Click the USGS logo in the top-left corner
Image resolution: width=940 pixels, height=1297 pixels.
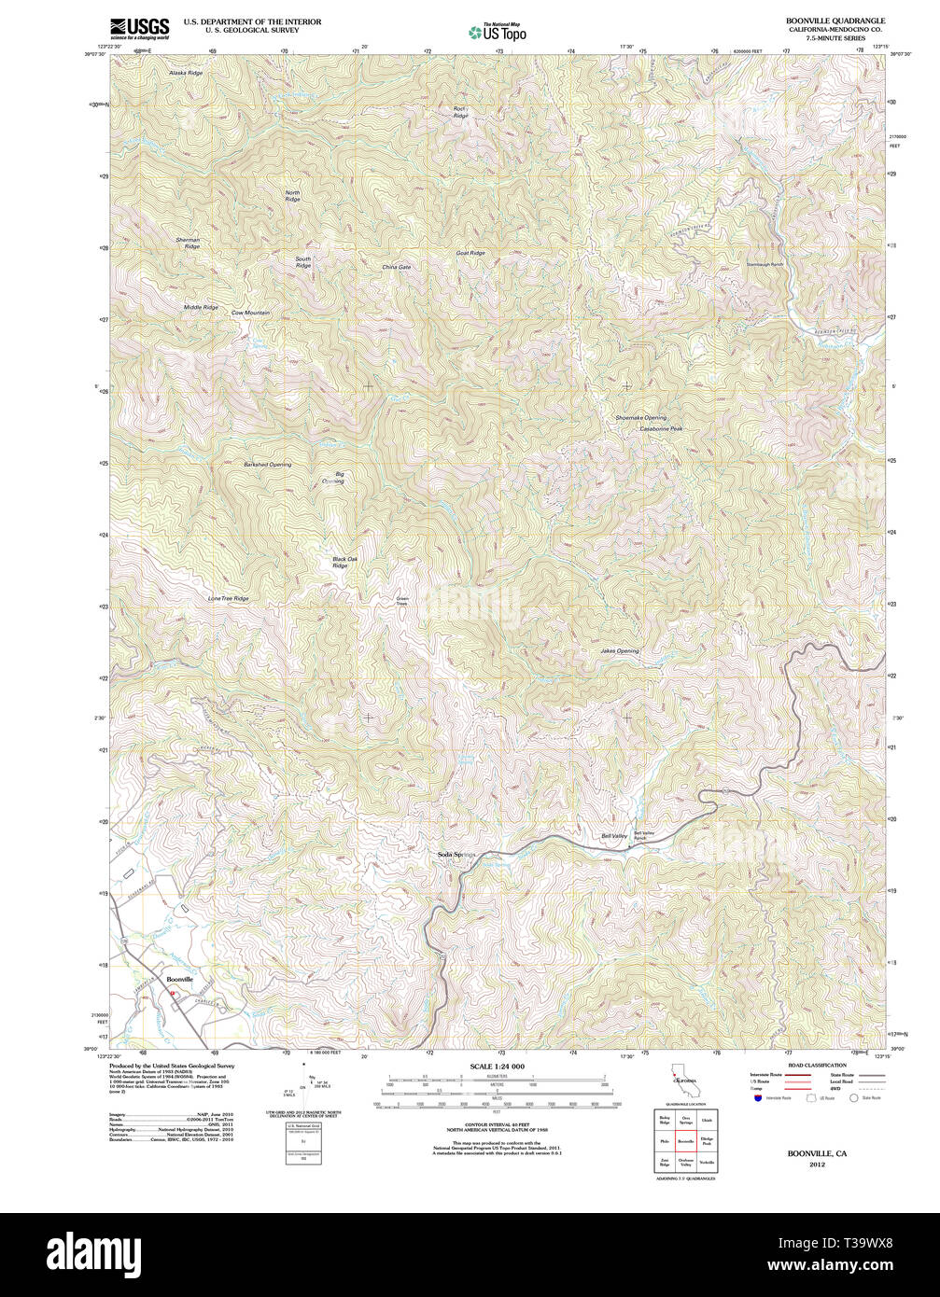(x=139, y=28)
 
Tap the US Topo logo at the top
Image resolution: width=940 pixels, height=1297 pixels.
(x=498, y=33)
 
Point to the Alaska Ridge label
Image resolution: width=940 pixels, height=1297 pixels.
(x=185, y=73)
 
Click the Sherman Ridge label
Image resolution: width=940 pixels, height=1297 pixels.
(x=188, y=243)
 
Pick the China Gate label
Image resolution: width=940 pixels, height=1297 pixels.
(x=396, y=267)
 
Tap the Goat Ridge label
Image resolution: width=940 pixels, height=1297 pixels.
(x=470, y=253)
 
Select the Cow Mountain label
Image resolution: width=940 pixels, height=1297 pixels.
(x=250, y=313)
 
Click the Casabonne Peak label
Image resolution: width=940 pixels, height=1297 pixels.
(x=661, y=428)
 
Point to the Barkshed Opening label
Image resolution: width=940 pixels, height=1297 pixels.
(x=268, y=464)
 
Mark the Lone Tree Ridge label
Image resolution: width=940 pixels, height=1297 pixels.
(x=228, y=598)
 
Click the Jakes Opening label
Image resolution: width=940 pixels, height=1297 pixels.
(x=619, y=651)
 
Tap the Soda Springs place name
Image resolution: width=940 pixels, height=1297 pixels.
(x=457, y=855)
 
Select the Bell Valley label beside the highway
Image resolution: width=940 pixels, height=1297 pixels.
(x=613, y=836)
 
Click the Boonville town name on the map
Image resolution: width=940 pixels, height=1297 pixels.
(x=179, y=979)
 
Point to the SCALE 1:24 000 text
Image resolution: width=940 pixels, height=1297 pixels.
(x=497, y=1067)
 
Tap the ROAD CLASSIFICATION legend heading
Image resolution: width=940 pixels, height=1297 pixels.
(x=817, y=1065)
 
